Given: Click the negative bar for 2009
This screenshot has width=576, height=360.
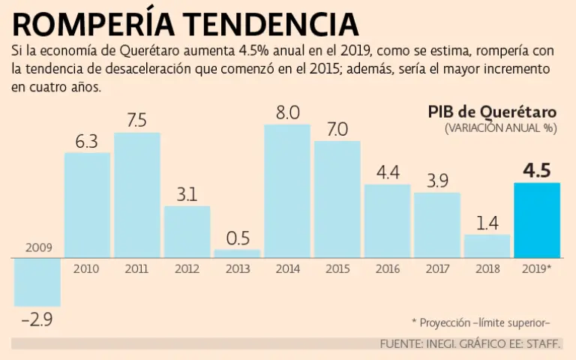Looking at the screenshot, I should click(x=37, y=282).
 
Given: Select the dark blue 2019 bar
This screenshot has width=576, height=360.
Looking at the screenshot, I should click(x=536, y=220).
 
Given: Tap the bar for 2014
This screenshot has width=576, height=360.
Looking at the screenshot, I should click(x=287, y=190).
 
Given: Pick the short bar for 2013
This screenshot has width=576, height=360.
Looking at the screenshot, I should click(x=237, y=253).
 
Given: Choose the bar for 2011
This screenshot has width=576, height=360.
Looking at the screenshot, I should click(x=137, y=195).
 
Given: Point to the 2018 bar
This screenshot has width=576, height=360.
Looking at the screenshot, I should click(x=487, y=246).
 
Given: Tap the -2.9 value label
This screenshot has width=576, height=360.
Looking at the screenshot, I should click(x=37, y=319).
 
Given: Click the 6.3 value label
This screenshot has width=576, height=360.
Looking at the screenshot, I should click(x=87, y=140).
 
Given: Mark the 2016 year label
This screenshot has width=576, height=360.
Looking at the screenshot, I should click(x=387, y=268).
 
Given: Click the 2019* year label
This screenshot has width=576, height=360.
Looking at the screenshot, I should click(x=537, y=268).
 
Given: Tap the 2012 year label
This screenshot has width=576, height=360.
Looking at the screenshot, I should click(x=187, y=268).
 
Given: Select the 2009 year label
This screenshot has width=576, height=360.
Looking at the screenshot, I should click(x=37, y=247).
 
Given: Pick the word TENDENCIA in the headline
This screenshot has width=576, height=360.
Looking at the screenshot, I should click(x=271, y=24).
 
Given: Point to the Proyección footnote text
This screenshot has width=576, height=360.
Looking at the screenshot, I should click(x=481, y=322).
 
